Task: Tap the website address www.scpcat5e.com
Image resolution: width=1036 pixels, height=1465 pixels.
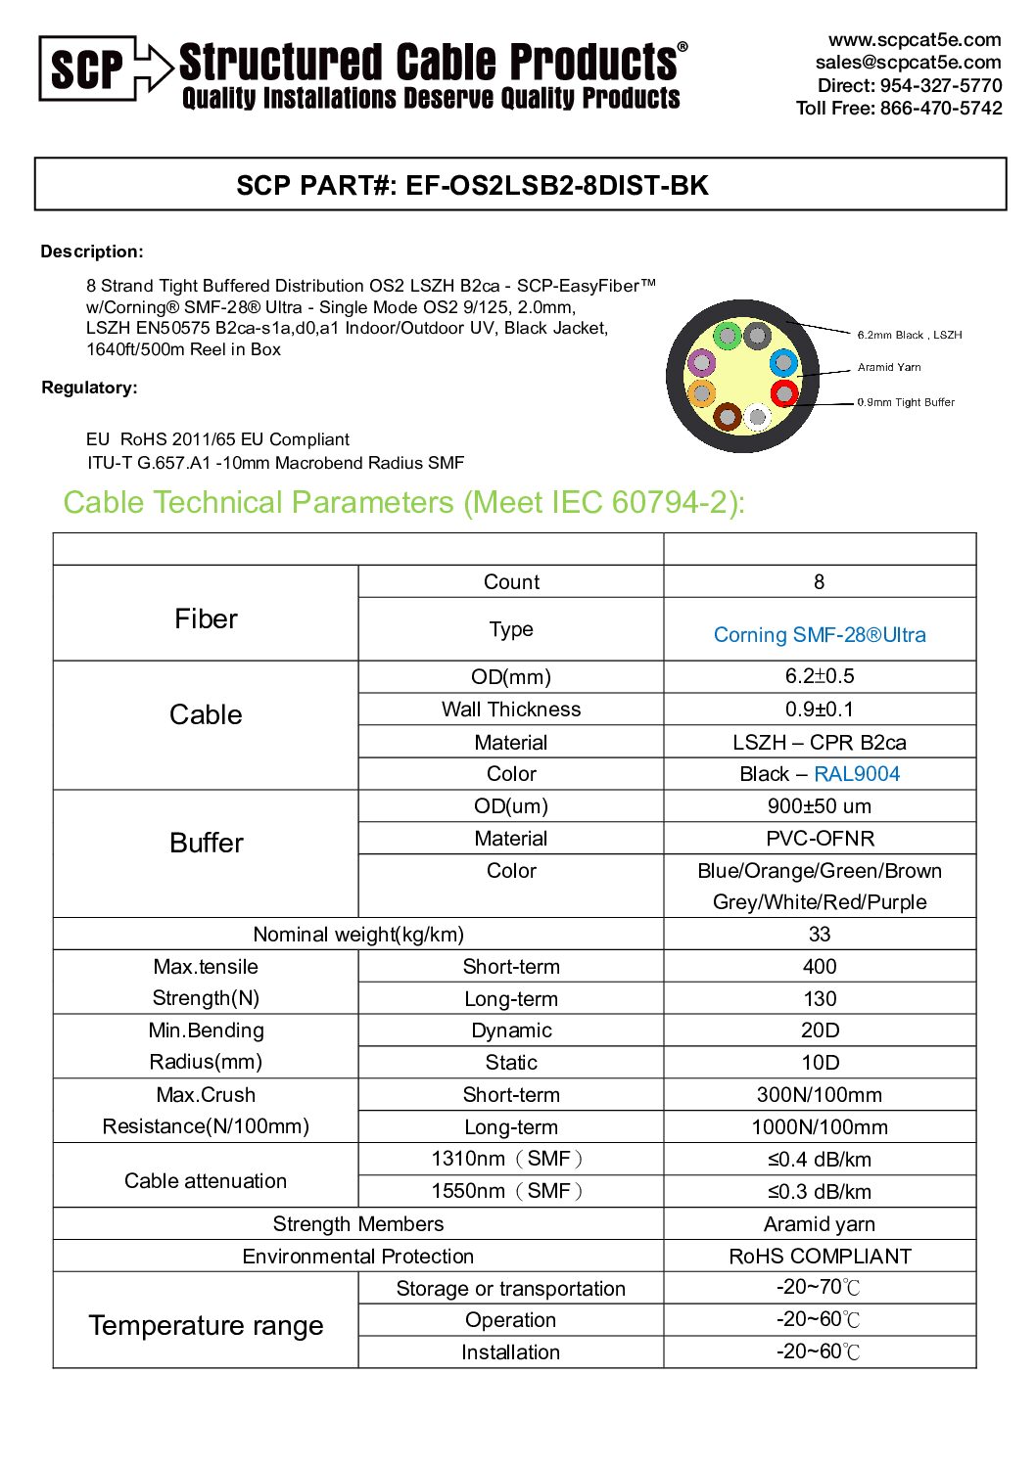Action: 914,40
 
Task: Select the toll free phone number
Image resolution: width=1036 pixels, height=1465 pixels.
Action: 898,108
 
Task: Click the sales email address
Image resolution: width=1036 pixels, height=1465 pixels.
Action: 908,63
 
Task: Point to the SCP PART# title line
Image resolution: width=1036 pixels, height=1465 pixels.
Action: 472,185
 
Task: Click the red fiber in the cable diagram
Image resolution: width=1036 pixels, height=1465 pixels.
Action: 784,393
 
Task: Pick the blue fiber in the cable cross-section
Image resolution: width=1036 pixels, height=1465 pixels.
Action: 783,363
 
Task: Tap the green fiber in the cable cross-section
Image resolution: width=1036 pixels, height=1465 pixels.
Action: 727,337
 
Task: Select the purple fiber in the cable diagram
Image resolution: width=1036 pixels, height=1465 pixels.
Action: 701,363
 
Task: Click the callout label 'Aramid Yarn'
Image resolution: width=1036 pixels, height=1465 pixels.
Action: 888,367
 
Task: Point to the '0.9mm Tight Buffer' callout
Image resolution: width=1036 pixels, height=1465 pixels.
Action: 905,402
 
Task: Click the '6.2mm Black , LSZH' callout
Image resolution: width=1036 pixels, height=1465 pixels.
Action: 909,335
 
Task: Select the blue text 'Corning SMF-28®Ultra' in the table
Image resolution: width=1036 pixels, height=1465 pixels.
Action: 819,635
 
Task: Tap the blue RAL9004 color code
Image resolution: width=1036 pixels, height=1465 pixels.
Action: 856,774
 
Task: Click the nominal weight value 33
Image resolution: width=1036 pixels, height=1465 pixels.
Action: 820,935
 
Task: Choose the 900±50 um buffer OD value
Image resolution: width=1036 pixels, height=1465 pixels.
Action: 819,806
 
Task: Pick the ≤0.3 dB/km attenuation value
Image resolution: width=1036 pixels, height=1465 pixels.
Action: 819,1192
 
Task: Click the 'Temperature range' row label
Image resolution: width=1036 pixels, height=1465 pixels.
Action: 206,1325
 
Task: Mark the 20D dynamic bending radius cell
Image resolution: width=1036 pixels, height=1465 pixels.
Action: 820,1030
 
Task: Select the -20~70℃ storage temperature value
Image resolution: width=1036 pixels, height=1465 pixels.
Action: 819,1288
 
